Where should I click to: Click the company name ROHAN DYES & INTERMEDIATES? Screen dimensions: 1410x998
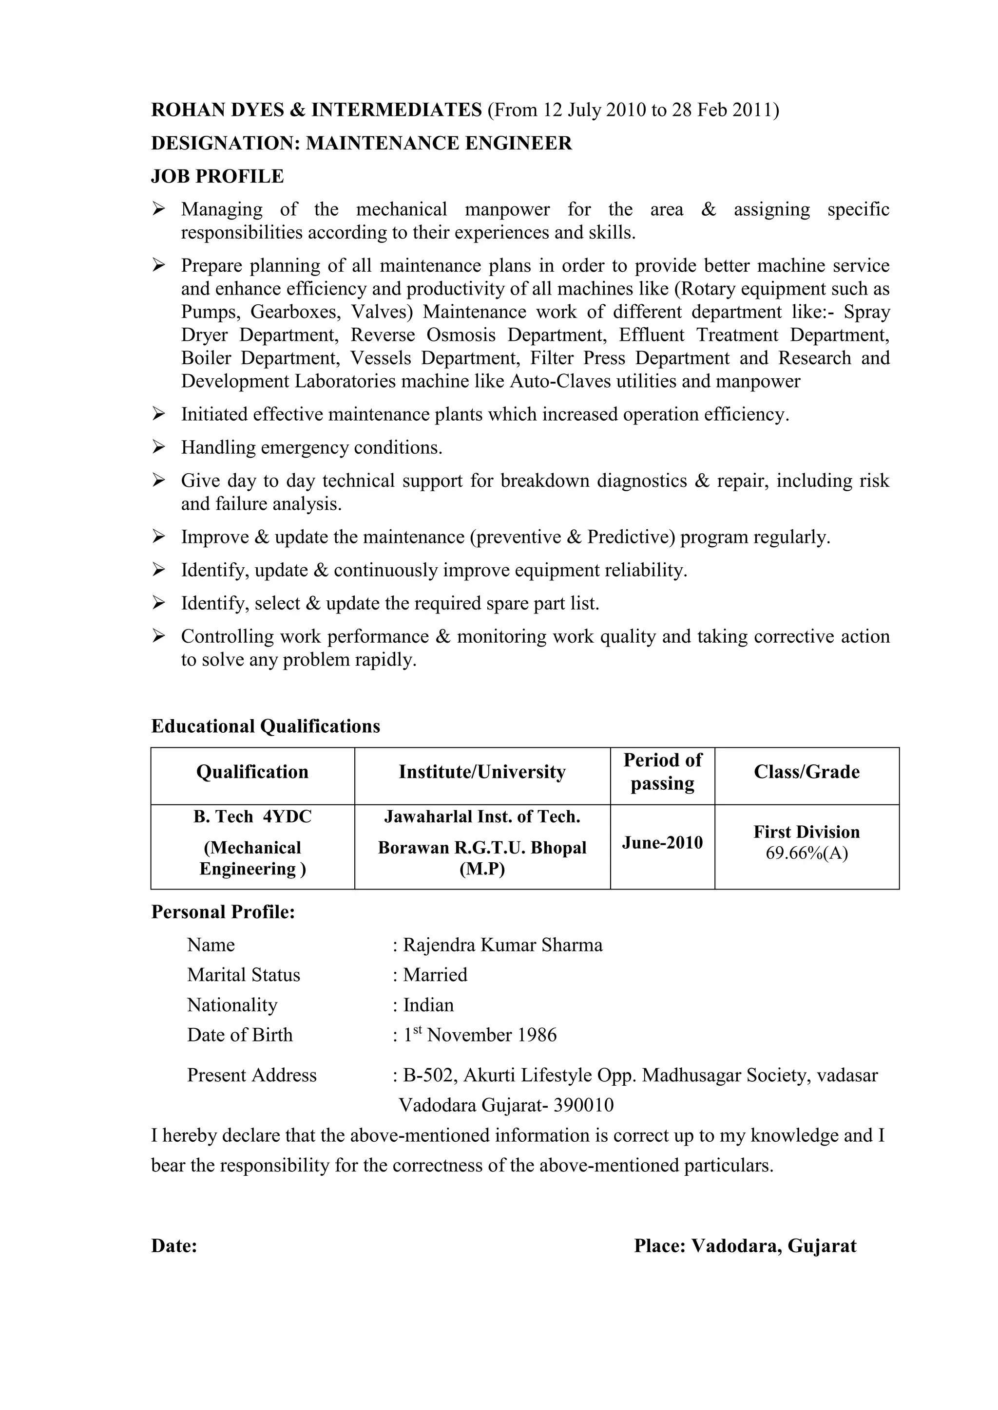(316, 110)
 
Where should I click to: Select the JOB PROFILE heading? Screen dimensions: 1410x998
(217, 176)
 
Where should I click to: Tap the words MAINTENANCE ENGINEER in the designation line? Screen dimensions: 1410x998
(439, 143)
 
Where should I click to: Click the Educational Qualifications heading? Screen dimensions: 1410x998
(266, 726)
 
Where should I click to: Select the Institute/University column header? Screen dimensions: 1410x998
(482, 771)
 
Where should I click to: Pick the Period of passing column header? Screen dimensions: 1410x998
(662, 771)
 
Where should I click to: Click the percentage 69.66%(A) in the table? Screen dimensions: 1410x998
(806, 853)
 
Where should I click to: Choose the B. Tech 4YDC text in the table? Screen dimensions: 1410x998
(252, 817)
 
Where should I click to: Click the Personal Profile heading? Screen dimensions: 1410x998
(223, 912)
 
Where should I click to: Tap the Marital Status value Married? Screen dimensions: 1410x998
(435, 975)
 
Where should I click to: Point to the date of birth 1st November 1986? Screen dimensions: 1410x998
(480, 1035)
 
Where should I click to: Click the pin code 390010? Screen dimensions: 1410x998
(583, 1105)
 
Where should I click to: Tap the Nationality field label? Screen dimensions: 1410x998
(232, 1005)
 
